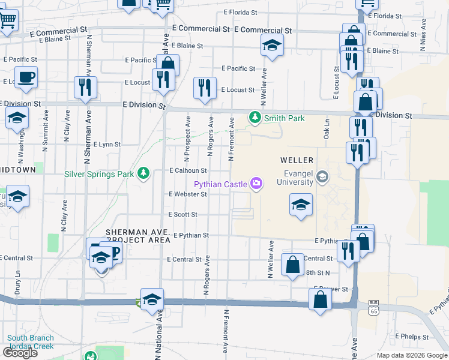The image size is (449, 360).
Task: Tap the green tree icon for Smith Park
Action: pyautogui.click(x=256, y=118)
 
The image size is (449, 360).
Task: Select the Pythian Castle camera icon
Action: pyautogui.click(x=257, y=183)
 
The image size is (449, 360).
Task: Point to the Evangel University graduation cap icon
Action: pyautogui.click(x=323, y=176)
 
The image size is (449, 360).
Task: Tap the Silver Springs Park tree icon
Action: pyautogui.click(x=143, y=173)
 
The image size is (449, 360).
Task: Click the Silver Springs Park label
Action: pyautogui.click(x=99, y=174)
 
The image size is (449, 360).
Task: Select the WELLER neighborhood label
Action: pyautogui.click(x=297, y=160)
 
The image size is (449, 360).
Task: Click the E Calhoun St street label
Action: pyautogui.click(x=188, y=170)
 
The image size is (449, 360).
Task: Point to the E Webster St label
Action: pyautogui.click(x=188, y=194)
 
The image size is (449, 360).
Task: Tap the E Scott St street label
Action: pyautogui.click(x=182, y=214)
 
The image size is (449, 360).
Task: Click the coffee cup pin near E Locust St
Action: pyautogui.click(x=25, y=77)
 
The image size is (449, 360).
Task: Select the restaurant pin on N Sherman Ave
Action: pyautogui.click(x=85, y=86)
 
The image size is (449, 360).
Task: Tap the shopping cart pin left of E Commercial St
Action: pyautogui.click(x=7, y=20)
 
